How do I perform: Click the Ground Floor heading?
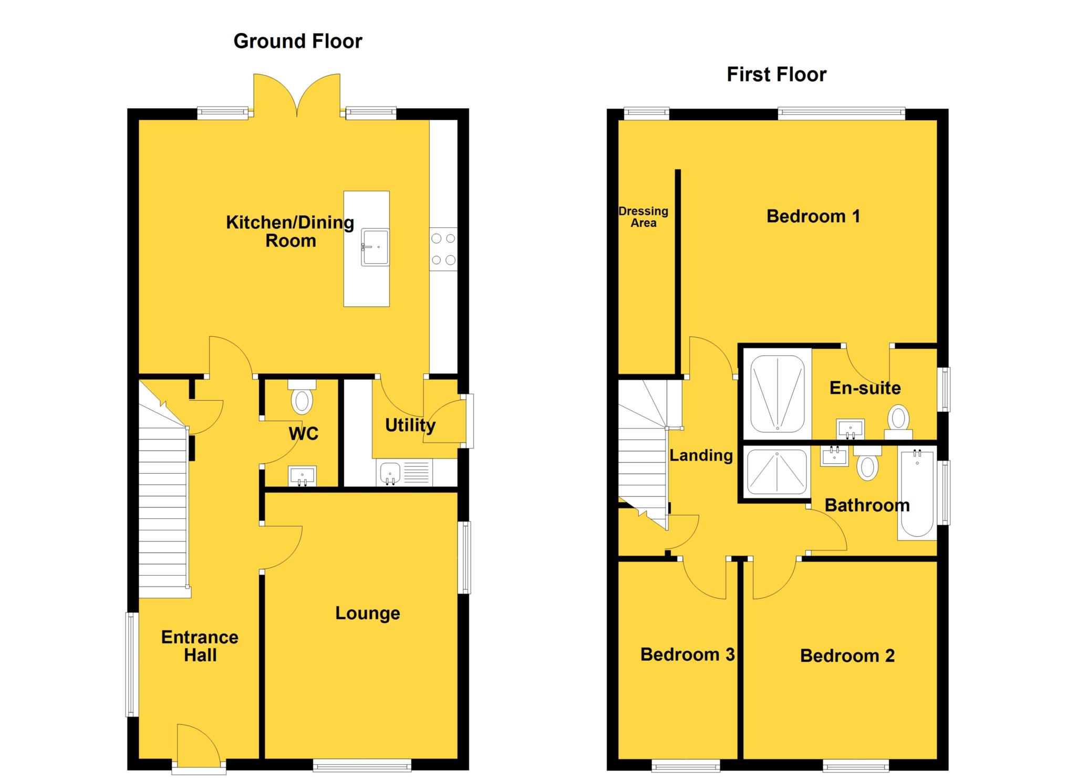pyautogui.click(x=297, y=41)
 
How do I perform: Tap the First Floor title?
pyautogui.click(x=776, y=75)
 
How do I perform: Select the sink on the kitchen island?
pyautogui.click(x=375, y=247)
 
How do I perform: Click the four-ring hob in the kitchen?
pyautogui.click(x=443, y=249)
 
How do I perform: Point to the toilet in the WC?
pyautogui.click(x=302, y=400)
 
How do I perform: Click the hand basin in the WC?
pyautogui.click(x=302, y=476)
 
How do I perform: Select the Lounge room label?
pyautogui.click(x=367, y=613)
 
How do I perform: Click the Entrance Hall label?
pyautogui.click(x=200, y=646)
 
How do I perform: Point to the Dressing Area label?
pyautogui.click(x=643, y=217)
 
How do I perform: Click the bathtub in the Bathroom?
pyautogui.click(x=917, y=493)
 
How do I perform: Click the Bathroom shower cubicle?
pyautogui.click(x=777, y=472)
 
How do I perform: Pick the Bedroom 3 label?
pyautogui.click(x=687, y=654)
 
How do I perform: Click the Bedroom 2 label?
pyautogui.click(x=847, y=655)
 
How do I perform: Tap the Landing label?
pyautogui.click(x=701, y=455)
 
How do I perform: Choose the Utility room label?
pyautogui.click(x=410, y=425)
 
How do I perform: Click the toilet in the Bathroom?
pyautogui.click(x=867, y=465)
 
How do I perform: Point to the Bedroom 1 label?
pyautogui.click(x=813, y=216)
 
